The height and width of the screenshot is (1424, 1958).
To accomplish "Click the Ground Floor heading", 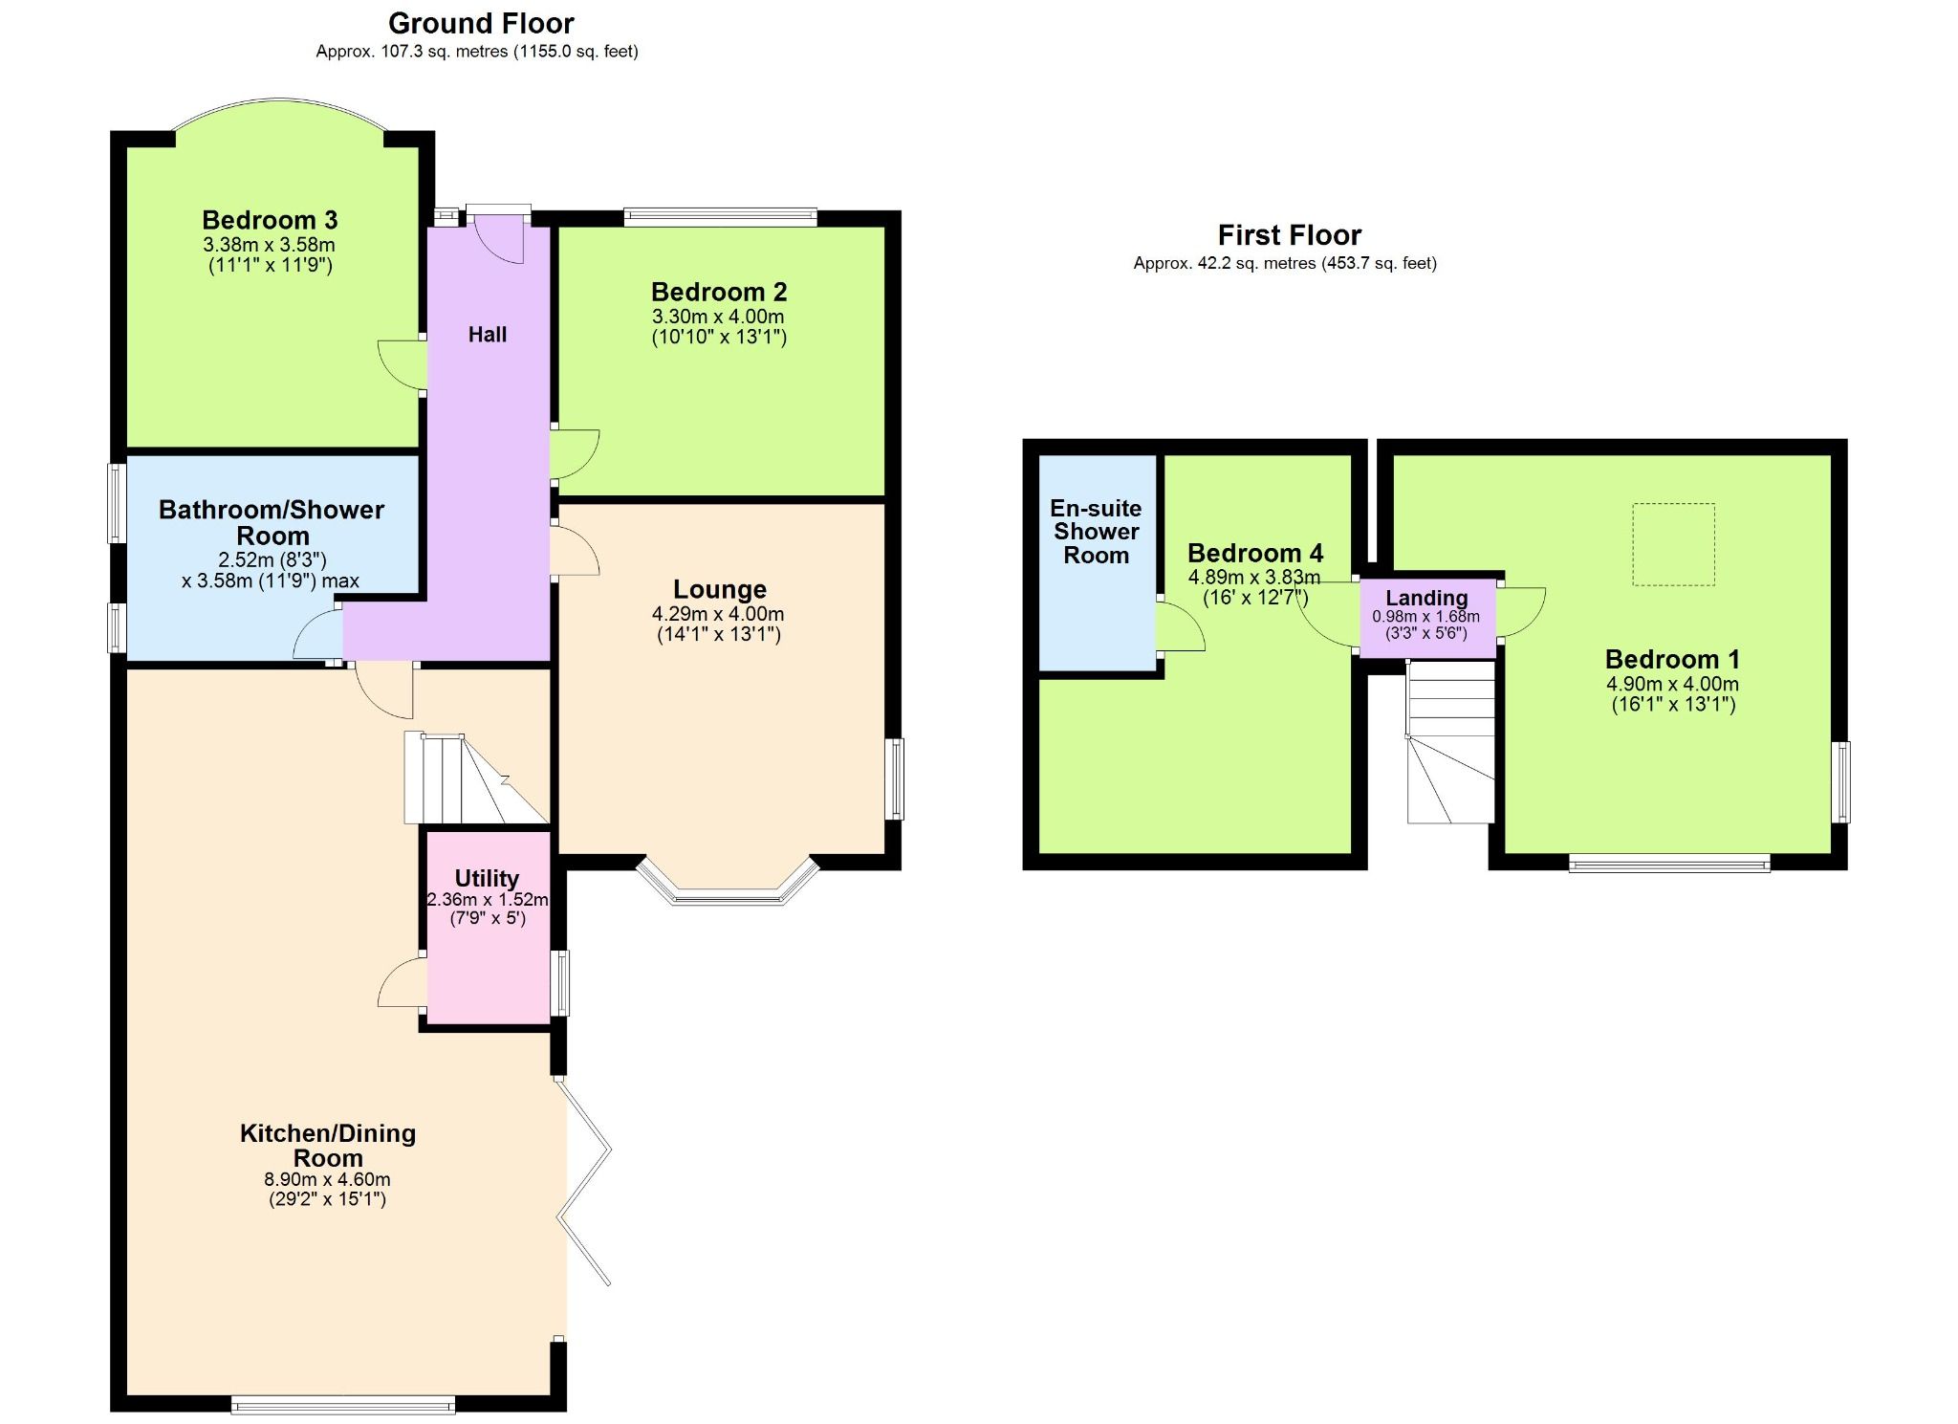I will click(481, 23).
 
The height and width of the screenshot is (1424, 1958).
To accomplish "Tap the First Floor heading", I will click(1289, 235).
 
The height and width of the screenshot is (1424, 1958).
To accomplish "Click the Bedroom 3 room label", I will click(270, 221).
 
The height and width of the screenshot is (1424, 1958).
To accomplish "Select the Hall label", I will click(488, 335).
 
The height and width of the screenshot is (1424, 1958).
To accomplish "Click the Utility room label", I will click(487, 878).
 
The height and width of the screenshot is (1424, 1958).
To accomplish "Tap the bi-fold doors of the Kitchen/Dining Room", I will click(585, 1182).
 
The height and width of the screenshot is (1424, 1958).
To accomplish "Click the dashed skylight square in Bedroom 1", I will click(1673, 544).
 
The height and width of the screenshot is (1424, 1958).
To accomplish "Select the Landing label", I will click(1426, 599).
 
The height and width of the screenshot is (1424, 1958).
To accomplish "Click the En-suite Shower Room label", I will click(1096, 532).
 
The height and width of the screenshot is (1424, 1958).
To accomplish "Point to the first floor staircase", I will click(1450, 742).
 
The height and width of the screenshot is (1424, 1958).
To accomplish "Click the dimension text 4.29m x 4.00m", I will click(718, 614).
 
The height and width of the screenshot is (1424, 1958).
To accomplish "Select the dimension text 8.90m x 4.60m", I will click(327, 1180).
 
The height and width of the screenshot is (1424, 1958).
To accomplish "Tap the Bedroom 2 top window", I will click(720, 217).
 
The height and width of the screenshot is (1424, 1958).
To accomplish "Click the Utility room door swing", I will click(402, 983).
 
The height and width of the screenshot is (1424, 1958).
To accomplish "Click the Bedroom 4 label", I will click(1255, 554).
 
